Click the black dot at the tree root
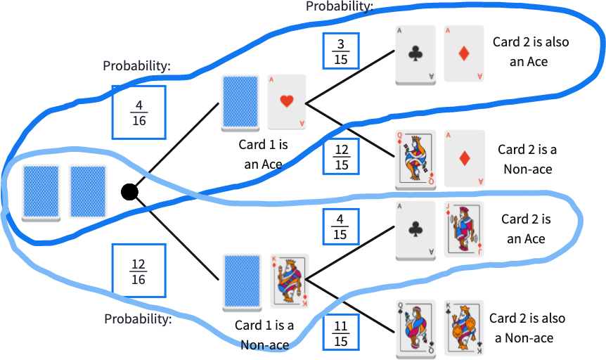tap(129, 191)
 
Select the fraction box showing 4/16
tap(139, 112)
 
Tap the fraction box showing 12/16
tap(139, 270)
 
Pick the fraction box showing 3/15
tap(340, 51)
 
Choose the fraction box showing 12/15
tap(341, 156)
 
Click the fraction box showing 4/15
tap(340, 226)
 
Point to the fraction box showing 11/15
tap(341, 332)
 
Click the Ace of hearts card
tap(287, 102)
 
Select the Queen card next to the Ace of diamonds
tap(415, 159)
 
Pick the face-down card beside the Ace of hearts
tap(240, 103)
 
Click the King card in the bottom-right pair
tap(463, 328)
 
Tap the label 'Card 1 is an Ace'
tap(264, 155)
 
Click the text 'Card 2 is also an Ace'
tap(530, 51)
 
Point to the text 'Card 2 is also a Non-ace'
tap(527, 328)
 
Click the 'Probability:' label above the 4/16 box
tap(137, 66)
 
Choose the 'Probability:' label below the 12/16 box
tap(138, 319)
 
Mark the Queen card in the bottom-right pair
tap(415, 328)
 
